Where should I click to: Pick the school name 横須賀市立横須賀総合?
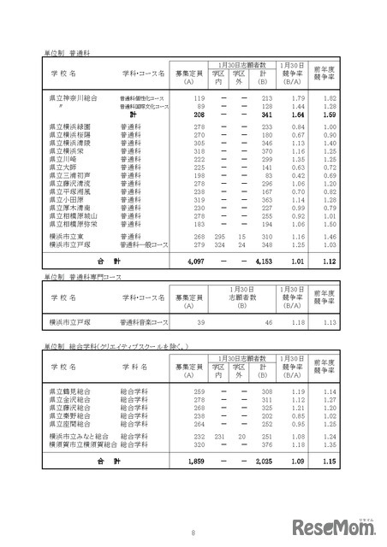(x=82, y=444)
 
